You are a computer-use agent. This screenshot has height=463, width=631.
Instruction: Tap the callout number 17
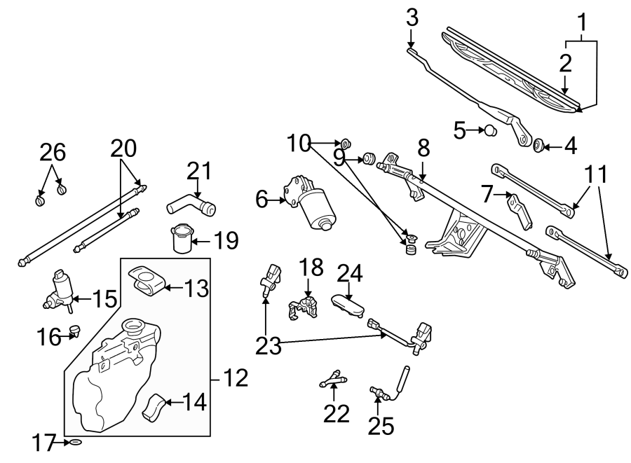pos(45,443)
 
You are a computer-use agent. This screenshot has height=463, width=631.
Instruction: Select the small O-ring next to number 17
pos(76,443)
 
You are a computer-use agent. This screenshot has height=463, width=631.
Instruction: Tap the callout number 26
pos(53,153)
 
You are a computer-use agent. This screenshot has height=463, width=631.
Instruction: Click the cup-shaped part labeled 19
pos(181,237)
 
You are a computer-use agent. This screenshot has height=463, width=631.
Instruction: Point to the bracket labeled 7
pos(520,209)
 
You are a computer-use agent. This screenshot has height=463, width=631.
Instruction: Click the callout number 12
pos(236,379)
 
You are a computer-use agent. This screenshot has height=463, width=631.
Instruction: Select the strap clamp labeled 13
pos(148,281)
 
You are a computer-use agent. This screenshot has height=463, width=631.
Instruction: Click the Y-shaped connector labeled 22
pos(332,379)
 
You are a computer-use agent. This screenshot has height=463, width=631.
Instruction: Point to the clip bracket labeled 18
pos(305,307)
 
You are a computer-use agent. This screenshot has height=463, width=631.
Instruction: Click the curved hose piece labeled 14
pos(155,406)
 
